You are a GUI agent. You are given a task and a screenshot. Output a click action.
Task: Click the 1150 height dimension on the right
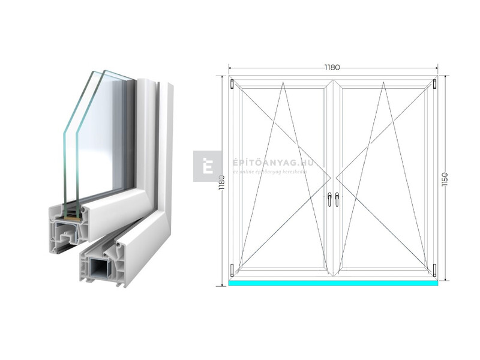445,179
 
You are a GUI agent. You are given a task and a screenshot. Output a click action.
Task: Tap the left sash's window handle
329,199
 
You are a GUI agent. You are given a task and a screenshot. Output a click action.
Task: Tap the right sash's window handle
337,199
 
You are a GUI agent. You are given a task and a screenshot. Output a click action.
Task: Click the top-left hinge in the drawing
232,83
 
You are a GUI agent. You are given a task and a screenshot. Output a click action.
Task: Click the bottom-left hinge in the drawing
232,268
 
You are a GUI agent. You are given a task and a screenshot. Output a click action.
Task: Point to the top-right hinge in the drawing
435,83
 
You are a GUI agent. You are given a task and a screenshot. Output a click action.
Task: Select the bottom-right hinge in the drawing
435,268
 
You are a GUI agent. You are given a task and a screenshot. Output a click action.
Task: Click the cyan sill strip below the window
333,281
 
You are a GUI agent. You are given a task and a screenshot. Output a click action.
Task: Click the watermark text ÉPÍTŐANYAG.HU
263,163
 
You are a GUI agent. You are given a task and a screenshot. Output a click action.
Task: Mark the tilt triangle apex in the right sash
384,83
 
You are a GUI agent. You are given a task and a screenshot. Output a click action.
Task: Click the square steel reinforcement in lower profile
98,266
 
